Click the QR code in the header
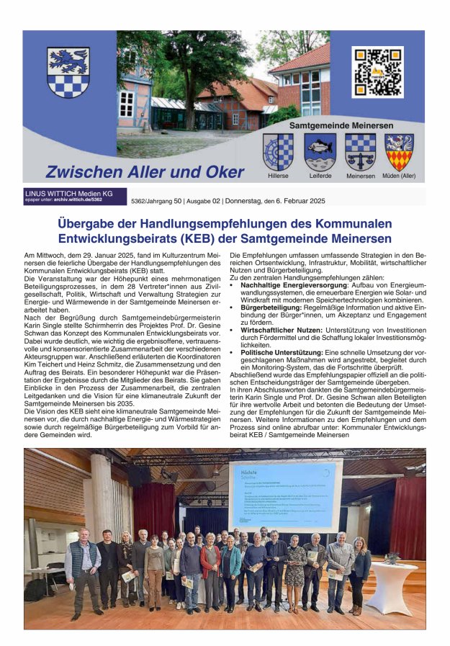[x=377, y=72]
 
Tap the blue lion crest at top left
[x=68, y=72]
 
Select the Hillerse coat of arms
[x=278, y=151]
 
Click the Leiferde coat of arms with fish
[x=320, y=151]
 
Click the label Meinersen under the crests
[x=360, y=176]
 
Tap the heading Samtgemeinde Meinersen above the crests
[x=341, y=125]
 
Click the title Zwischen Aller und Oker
[x=135, y=172]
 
